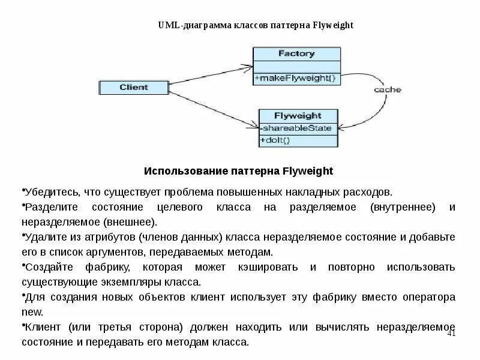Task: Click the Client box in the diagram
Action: point(133,88)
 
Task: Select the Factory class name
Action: point(296,53)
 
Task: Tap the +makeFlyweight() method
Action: point(296,78)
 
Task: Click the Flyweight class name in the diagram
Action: point(298,116)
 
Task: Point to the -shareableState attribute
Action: point(298,128)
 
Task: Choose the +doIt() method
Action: point(275,140)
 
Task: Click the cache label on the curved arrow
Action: point(388,90)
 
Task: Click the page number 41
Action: point(452,333)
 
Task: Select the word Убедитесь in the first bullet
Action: point(47,192)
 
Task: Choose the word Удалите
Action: point(43,237)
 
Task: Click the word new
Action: point(32,312)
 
